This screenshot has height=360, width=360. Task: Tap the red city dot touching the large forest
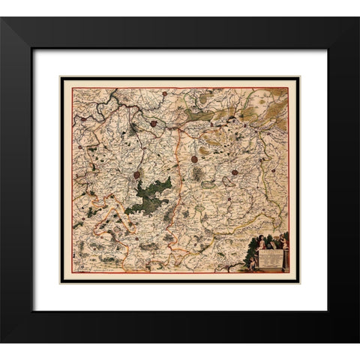137,175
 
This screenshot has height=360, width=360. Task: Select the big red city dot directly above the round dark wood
194,159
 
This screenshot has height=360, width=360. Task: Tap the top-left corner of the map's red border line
73,88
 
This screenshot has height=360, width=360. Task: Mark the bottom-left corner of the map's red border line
73,271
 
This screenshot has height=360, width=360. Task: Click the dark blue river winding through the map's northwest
112,105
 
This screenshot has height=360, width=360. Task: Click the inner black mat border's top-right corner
328,49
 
